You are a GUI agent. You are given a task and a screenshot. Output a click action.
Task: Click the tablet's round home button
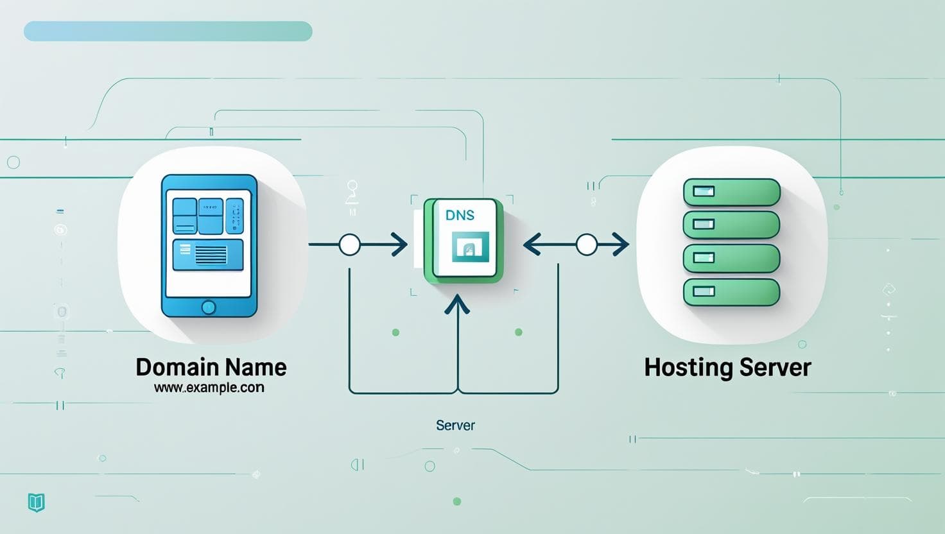pos(209,307)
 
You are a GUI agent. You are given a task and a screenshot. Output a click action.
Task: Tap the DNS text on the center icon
pos(460,216)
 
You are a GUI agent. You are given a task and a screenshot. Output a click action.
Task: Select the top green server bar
pos(731,192)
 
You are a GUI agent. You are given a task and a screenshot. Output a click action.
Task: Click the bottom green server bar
pos(731,292)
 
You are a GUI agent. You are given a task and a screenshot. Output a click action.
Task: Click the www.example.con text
pos(209,388)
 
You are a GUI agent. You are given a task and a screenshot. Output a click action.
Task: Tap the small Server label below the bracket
pos(455,426)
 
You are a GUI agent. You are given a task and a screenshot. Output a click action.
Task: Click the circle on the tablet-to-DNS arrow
pos(349,245)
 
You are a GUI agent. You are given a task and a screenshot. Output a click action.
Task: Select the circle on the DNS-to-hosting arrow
pos(586,245)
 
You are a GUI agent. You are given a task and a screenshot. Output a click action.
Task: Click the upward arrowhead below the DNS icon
pos(457,304)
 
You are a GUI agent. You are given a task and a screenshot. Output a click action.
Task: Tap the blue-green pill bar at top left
pos(168,31)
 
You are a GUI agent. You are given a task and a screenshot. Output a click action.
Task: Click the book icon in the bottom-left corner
pos(37,502)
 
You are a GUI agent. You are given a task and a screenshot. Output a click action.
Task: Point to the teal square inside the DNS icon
pos(470,247)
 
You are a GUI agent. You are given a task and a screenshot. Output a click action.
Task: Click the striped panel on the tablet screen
pos(209,255)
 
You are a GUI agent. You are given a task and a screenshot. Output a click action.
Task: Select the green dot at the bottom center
pos(457,501)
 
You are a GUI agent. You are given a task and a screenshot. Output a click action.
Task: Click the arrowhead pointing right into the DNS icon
pos(401,245)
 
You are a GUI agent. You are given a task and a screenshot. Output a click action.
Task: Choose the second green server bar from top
pos(731,225)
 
